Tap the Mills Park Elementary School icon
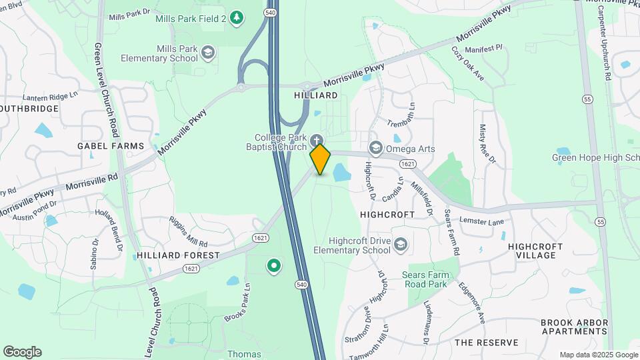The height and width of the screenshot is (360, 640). point(208,53)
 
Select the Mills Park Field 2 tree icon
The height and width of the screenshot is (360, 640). point(236,18)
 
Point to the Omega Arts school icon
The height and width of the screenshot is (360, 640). point(375,148)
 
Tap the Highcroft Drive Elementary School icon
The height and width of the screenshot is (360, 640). point(400,245)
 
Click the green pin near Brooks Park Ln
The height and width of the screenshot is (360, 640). point(273,267)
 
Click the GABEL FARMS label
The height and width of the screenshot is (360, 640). point(111,145)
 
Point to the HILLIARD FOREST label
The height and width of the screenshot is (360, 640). point(178,255)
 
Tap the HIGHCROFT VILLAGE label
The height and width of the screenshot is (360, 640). point(535,251)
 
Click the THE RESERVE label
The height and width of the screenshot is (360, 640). point(486,343)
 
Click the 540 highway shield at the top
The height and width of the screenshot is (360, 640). point(270,12)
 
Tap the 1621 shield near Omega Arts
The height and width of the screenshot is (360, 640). point(409,163)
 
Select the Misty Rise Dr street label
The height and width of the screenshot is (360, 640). point(487,143)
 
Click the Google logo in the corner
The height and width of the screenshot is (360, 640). point(22,352)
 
